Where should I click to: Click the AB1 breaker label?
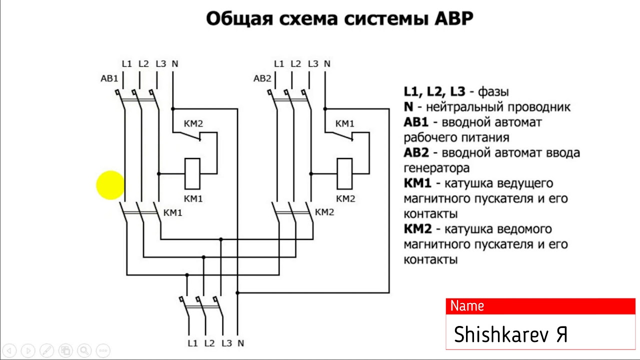coord(109,78)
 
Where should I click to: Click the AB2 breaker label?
coord(262,78)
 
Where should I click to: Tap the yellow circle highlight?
coord(110,185)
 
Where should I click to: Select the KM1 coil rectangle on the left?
coord(193,173)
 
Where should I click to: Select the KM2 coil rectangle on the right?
coord(345,173)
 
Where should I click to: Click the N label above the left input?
coord(174,64)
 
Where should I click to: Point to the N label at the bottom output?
coord(240,343)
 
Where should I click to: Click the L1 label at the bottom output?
coord(193,343)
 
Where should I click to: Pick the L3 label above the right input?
coord(313,64)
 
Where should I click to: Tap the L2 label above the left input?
coord(143,64)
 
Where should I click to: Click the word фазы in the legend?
coord(493,92)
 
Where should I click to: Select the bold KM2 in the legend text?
coord(417,229)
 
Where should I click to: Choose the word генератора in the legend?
coord(436,168)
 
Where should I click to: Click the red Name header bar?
coord(540,306)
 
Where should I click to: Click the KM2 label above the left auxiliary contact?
coord(193,124)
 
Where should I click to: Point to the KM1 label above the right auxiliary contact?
coord(345,124)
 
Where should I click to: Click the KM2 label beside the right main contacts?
coord(324,212)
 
